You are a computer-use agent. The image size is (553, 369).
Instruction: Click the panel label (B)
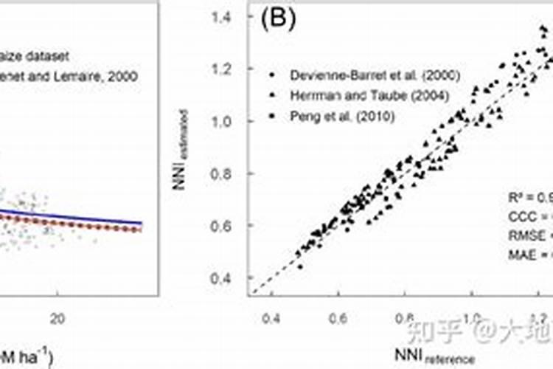click(278, 20)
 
